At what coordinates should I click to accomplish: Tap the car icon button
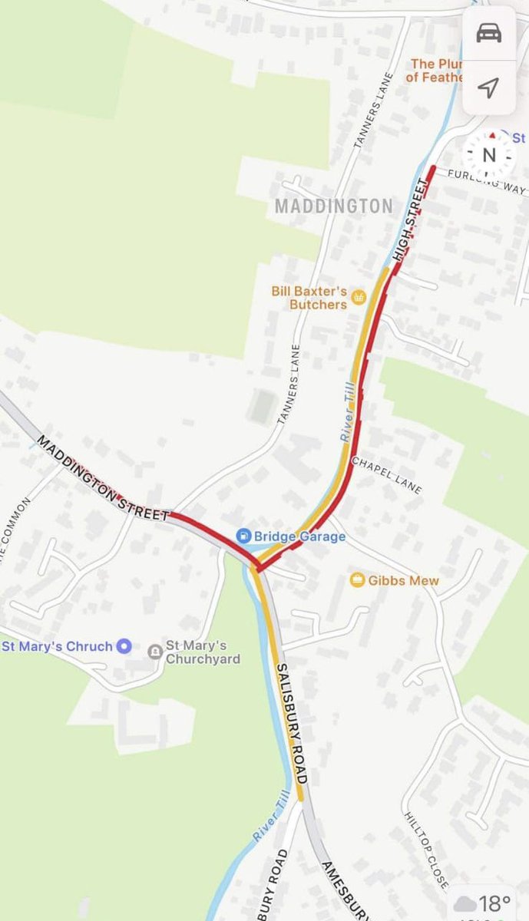tap(489, 34)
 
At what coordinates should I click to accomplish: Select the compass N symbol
tap(489, 155)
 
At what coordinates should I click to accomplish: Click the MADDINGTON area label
tap(333, 206)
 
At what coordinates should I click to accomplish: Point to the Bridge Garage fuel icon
tap(243, 535)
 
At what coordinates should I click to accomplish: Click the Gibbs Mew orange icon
tap(357, 579)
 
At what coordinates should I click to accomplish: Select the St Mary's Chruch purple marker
tap(124, 646)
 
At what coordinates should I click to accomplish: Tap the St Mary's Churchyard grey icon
tap(154, 652)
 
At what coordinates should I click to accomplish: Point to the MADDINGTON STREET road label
tap(101, 480)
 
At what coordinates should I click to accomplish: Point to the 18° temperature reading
tap(495, 903)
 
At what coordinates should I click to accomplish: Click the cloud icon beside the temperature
tap(465, 903)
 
